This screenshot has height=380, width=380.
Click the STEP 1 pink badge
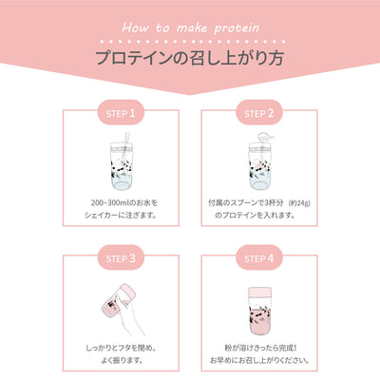(x=121, y=113)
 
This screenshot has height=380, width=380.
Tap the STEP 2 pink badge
(x=259, y=113)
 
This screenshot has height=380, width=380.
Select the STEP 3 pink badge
(x=121, y=258)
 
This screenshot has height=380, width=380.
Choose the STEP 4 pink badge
(x=259, y=258)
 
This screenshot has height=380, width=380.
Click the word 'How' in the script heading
(x=135, y=28)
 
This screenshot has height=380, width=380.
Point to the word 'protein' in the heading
(x=237, y=28)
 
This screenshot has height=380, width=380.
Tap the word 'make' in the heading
(x=192, y=28)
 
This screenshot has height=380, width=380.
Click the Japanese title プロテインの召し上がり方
(x=190, y=58)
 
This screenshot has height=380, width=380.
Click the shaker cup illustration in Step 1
(x=122, y=165)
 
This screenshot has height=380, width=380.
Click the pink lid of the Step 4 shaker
(x=259, y=293)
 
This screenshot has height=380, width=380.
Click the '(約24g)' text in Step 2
(x=299, y=203)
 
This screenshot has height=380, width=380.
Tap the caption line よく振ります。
(x=121, y=360)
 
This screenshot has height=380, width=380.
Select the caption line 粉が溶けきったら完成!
(x=260, y=348)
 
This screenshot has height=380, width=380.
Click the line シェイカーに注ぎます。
(x=121, y=216)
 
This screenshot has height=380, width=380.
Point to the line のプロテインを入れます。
(x=255, y=216)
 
